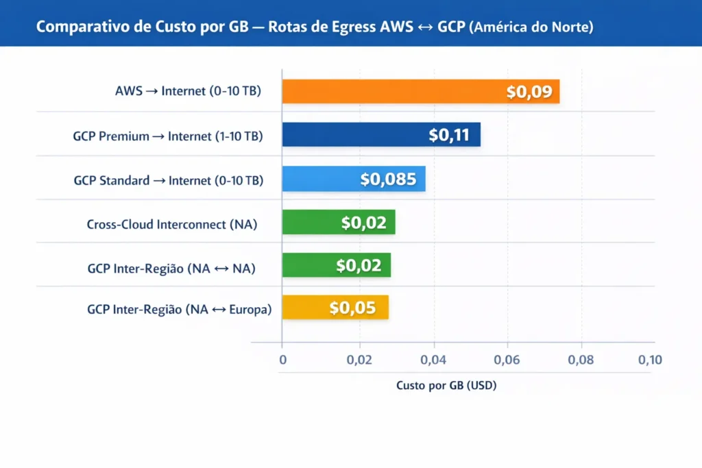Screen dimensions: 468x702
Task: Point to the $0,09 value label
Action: (529, 92)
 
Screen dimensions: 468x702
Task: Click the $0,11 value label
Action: (449, 135)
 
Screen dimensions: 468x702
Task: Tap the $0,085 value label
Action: (388, 180)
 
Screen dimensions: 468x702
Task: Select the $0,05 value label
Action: (352, 308)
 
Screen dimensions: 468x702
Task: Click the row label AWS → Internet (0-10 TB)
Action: (188, 91)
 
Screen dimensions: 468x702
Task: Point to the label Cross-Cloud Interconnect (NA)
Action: (172, 224)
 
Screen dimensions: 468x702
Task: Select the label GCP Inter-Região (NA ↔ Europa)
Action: (180, 310)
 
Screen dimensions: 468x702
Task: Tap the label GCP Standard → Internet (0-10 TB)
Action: (168, 181)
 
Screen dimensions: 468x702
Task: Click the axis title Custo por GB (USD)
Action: (446, 386)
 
